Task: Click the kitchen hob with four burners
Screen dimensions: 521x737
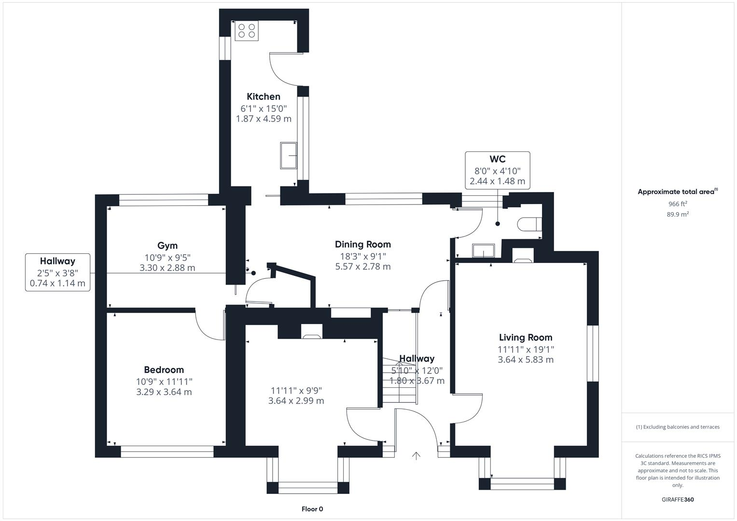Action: click(247, 30)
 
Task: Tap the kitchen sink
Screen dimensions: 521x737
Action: click(289, 155)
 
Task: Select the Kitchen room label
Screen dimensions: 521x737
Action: click(264, 96)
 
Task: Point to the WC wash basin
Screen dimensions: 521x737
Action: click(483, 251)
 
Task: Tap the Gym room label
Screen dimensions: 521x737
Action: click(167, 246)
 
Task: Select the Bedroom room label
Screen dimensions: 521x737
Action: click(164, 370)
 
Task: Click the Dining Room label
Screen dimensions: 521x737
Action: click(363, 244)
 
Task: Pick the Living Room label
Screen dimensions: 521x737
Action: click(526, 338)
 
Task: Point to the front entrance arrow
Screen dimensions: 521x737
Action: click(416, 456)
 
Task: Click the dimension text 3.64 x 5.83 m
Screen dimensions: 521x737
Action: click(526, 360)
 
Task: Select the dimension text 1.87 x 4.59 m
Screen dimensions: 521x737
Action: click(264, 119)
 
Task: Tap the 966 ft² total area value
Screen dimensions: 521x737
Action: click(678, 204)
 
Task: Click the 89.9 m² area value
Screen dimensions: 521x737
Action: click(678, 215)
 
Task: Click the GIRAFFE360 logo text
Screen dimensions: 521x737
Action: click(678, 499)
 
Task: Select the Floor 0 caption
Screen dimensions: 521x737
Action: click(312, 509)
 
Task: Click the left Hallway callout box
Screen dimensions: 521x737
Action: click(57, 272)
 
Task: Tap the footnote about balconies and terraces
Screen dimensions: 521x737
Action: click(678, 427)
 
